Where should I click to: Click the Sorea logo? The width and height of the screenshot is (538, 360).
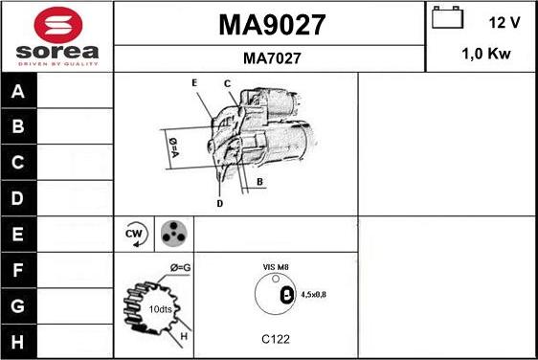56,36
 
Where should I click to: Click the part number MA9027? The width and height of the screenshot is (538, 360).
272,24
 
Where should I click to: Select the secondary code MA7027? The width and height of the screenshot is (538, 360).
272,58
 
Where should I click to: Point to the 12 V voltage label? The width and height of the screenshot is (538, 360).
504,22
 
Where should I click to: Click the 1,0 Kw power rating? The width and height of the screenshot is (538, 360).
485,55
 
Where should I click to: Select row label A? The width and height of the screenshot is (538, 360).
18,93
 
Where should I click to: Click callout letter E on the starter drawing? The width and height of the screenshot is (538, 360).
194,84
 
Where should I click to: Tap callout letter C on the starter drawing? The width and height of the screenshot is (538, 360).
229,84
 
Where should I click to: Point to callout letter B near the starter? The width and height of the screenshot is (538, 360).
259,181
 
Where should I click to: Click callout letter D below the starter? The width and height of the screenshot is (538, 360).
219,204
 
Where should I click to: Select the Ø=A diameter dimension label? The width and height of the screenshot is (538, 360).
174,147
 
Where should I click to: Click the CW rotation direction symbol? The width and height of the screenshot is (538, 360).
135,234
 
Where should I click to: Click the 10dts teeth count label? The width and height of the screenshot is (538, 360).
161,308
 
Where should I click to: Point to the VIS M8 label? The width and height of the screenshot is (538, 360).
276,267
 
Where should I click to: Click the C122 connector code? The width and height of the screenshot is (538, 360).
276,339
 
